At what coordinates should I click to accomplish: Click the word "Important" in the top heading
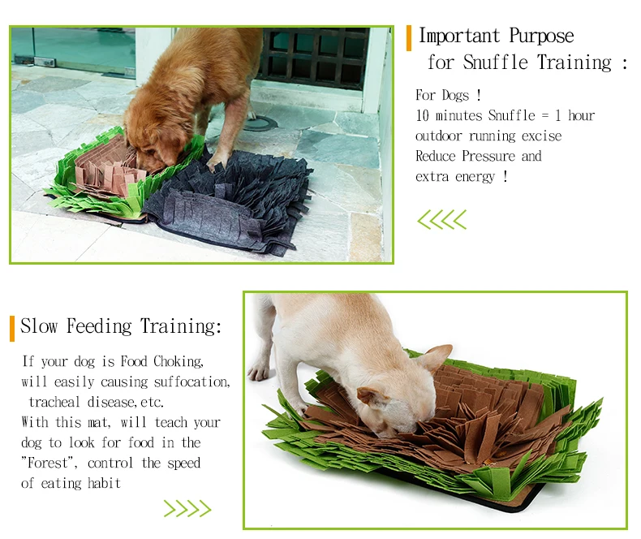[459, 37]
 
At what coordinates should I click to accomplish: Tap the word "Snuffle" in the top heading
[495, 63]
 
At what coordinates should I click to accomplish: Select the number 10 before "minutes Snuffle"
[423, 116]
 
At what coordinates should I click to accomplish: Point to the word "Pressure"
[488, 157]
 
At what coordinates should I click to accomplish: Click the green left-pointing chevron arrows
[442, 219]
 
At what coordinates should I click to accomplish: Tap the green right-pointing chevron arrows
[187, 509]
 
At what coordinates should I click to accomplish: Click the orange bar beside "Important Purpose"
[409, 37]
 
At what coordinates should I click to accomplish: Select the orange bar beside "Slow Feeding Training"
[12, 328]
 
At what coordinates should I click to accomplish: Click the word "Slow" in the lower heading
[39, 327]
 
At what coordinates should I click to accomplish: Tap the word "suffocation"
[188, 382]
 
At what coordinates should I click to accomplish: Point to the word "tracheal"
[55, 403]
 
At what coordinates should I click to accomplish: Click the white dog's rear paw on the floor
[259, 372]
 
